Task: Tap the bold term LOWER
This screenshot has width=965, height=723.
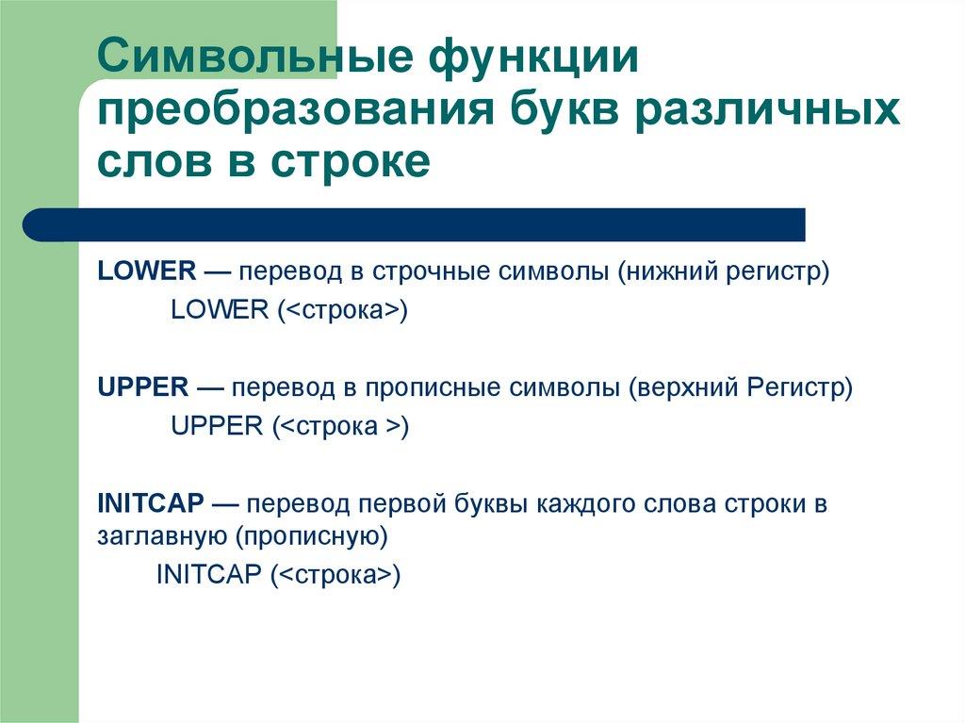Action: [146, 271]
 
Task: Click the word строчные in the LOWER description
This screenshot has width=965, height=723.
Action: [415, 271]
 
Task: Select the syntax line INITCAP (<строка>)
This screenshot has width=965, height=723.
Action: [279, 575]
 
